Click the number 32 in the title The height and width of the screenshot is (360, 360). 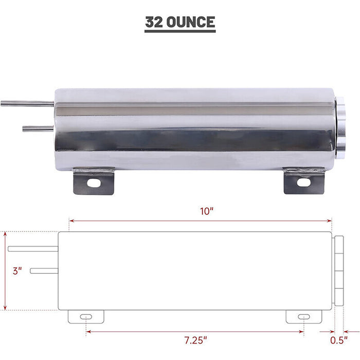coord(155,23)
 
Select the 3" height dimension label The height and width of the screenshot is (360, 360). coord(18,271)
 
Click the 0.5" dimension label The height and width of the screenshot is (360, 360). coord(337,340)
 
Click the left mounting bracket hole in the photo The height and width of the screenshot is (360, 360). coord(94,182)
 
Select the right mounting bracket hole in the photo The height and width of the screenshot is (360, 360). coord(303,182)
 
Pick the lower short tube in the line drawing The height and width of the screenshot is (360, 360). coord(44,271)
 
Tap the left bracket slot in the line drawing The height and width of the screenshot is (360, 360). coord(86,316)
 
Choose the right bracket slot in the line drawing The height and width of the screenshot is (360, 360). coord(303,316)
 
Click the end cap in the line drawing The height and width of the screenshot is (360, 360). coord(338,270)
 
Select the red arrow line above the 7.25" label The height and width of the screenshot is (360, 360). coord(195,331)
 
